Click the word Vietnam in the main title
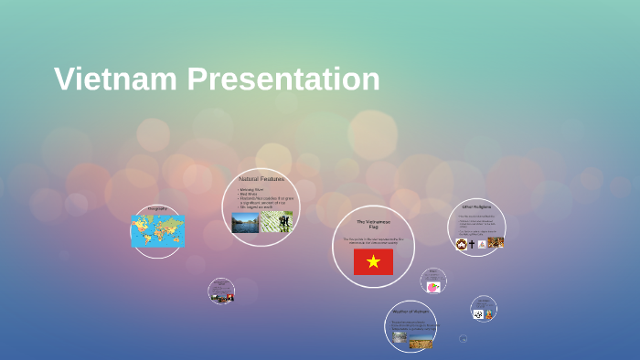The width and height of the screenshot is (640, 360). (116, 79)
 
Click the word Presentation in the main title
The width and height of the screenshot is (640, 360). (283, 79)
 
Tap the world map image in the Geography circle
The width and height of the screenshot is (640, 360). (157, 231)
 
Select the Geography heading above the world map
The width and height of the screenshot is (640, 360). (157, 210)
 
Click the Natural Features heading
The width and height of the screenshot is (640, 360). (261, 179)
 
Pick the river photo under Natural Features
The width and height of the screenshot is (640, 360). (244, 222)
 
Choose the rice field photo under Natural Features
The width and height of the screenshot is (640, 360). (276, 222)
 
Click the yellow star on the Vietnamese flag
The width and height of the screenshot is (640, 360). (373, 262)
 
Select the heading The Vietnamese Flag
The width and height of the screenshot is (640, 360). (373, 224)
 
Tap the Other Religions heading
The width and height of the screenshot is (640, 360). (476, 207)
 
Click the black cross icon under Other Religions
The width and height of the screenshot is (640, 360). (472, 244)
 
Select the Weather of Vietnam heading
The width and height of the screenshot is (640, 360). (410, 312)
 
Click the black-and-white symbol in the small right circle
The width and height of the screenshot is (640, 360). (478, 314)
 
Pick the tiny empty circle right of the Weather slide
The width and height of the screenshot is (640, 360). (464, 339)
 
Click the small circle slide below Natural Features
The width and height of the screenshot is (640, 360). (221, 291)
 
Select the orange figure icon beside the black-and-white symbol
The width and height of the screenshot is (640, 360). (489, 314)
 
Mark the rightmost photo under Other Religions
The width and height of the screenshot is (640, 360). (496, 243)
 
